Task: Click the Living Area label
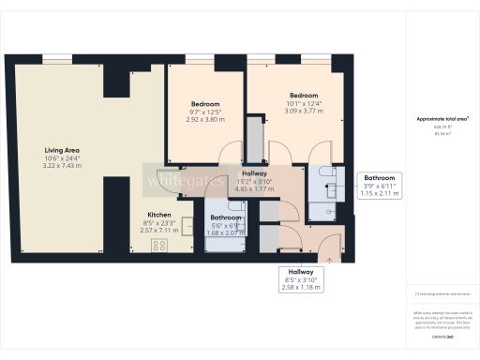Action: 64,149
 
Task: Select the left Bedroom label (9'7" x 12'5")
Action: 205,104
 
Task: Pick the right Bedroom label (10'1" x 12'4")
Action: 302,96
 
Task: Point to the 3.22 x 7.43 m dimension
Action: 64,165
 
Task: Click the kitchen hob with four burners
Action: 159,247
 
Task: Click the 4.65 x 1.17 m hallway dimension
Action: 254,188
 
